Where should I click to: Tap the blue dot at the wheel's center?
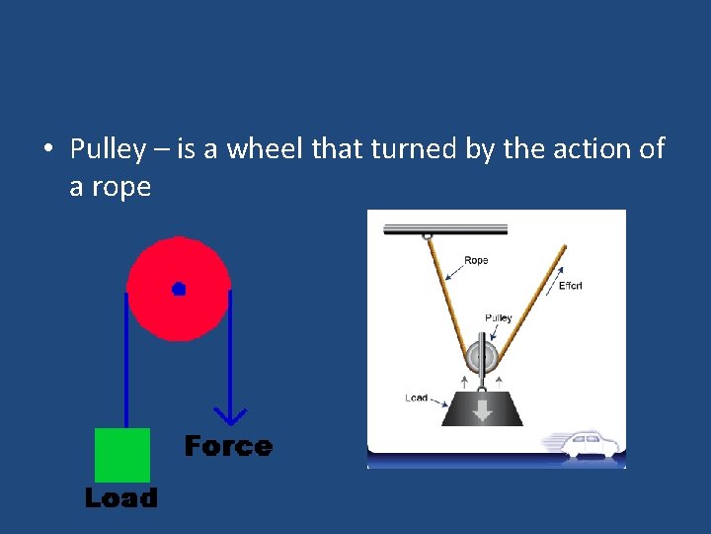179,289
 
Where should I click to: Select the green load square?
122,455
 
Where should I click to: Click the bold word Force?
228,447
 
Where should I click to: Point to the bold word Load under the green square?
120,497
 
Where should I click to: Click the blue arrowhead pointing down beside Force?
230,416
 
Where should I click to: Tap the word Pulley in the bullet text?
108,149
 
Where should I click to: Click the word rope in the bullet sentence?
122,187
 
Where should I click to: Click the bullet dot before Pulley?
47,150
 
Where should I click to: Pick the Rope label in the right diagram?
476,261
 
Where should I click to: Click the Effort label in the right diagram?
570,286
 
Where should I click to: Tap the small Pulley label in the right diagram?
499,317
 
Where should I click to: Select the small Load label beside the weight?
416,398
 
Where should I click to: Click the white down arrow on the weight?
482,408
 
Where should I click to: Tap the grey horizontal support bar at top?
444,228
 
